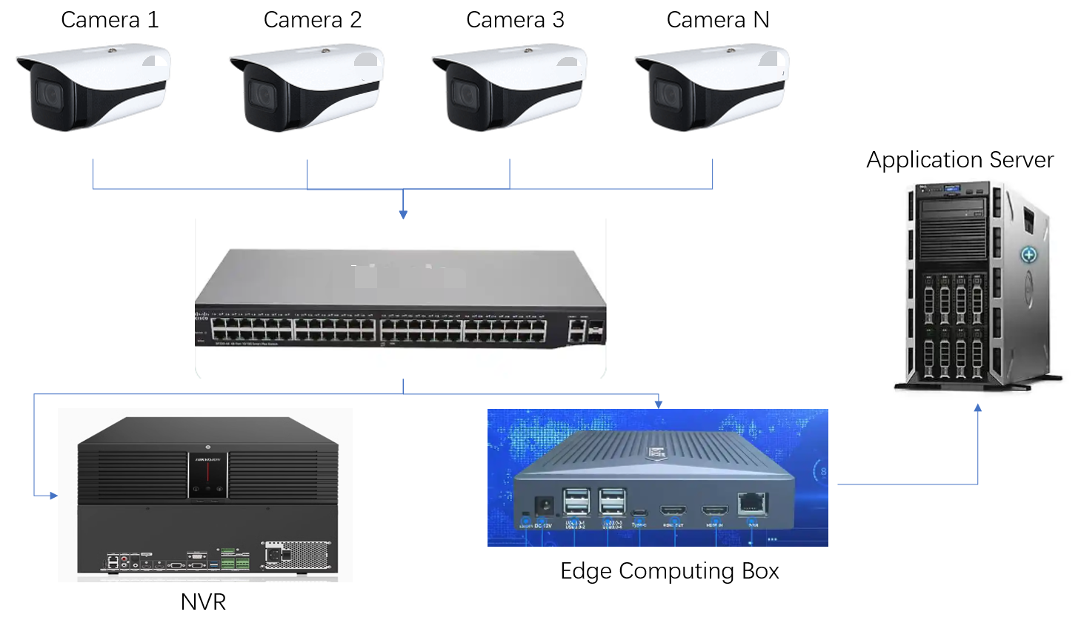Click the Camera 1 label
tap(110, 20)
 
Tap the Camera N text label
tap(717, 20)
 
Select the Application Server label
tap(959, 160)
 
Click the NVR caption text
tap(203, 602)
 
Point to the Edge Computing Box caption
tap(669, 571)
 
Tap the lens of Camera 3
tap(465, 95)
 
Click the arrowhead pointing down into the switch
tap(403, 215)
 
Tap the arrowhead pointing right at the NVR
tap(53, 496)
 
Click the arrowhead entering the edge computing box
tap(658, 404)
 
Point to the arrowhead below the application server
tap(977, 408)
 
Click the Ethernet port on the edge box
tap(752, 503)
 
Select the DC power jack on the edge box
tap(544, 507)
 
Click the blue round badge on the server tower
tap(1028, 256)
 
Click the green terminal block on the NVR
tap(234, 560)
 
